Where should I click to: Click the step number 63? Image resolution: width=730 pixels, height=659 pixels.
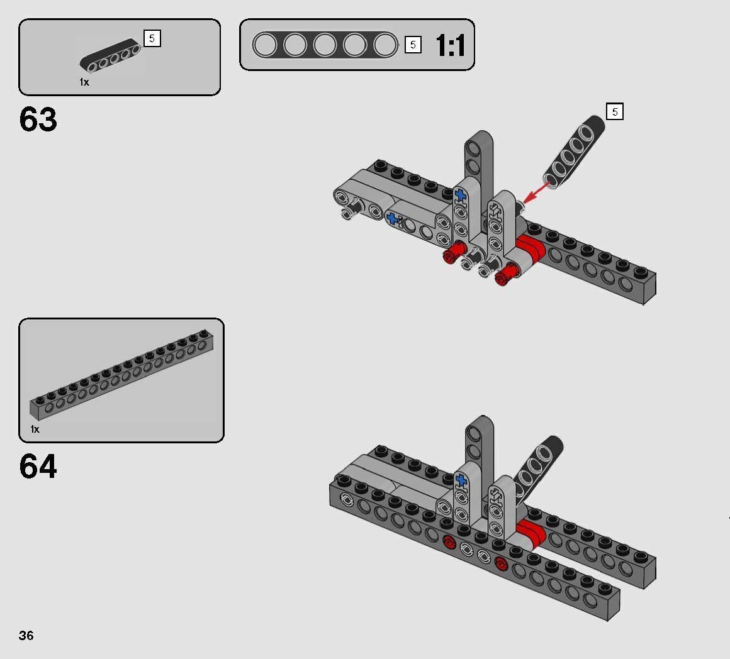click(x=38, y=119)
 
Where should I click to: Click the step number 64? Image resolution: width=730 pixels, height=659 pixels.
click(x=38, y=467)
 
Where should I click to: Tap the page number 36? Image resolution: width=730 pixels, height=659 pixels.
click(x=26, y=635)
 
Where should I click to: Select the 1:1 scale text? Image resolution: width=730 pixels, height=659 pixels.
click(x=450, y=46)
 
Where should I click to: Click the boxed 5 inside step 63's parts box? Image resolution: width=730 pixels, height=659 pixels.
click(x=152, y=39)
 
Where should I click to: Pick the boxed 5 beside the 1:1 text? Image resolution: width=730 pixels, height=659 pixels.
click(x=413, y=45)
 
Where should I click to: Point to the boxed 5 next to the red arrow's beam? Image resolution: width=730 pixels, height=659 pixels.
click(x=615, y=112)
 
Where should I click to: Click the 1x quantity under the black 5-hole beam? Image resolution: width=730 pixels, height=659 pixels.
click(x=84, y=82)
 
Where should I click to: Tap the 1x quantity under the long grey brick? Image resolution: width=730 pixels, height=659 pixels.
click(x=35, y=429)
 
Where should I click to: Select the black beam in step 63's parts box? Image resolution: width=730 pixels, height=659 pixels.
click(x=110, y=56)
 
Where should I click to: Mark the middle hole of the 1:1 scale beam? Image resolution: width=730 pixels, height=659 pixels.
click(x=325, y=45)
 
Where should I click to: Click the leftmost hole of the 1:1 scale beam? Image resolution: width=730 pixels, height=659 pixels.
click(x=265, y=45)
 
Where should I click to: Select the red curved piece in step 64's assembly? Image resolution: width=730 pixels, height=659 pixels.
click(x=531, y=534)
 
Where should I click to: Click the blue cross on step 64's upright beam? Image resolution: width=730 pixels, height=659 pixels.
click(x=461, y=481)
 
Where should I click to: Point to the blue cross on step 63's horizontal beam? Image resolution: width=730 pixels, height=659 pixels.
click(x=393, y=219)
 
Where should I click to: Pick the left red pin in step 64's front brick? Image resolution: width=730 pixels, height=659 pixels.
click(x=449, y=543)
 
